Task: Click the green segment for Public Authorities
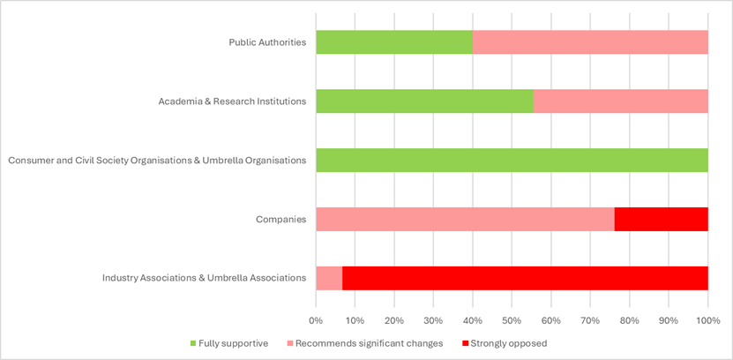point(394,42)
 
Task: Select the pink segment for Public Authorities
point(590,42)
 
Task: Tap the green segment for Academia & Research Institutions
point(424,101)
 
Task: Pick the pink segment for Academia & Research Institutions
point(620,101)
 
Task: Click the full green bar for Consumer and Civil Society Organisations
point(512,160)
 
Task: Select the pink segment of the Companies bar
point(465,219)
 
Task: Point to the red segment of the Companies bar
point(661,219)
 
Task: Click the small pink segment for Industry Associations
point(329,278)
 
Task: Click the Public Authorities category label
point(267,42)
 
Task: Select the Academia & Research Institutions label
point(232,101)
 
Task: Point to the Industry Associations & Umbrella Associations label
point(204,278)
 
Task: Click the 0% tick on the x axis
point(316,319)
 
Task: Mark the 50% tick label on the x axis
point(512,319)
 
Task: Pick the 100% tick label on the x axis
point(707,319)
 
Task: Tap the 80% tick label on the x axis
point(629,319)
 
